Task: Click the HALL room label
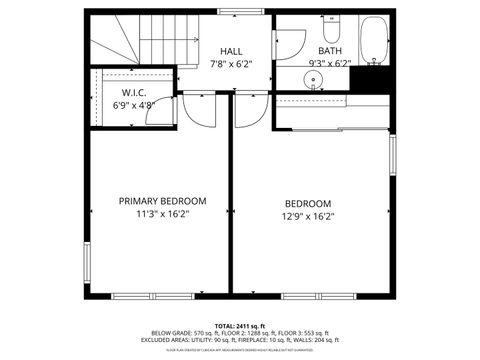pyautogui.click(x=231, y=51)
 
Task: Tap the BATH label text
pyautogui.click(x=330, y=51)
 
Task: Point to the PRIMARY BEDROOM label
pyautogui.click(x=163, y=200)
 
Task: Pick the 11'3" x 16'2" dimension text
pyautogui.click(x=163, y=213)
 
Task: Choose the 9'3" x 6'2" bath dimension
pyautogui.click(x=330, y=63)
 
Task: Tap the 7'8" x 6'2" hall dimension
pyautogui.click(x=231, y=63)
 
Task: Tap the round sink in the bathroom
pyautogui.click(x=315, y=80)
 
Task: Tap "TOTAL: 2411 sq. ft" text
pyautogui.click(x=238, y=326)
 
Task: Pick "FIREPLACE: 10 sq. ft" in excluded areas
pyautogui.click(x=271, y=340)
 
